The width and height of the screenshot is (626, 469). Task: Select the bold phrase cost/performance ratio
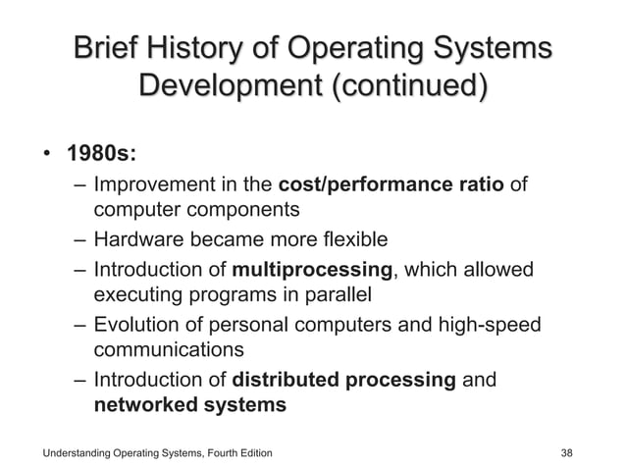(392, 183)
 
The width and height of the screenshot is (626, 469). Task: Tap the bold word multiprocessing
(313, 269)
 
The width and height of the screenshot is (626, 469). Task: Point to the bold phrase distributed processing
(342, 380)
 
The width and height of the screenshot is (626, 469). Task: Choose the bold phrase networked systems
(189, 404)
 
